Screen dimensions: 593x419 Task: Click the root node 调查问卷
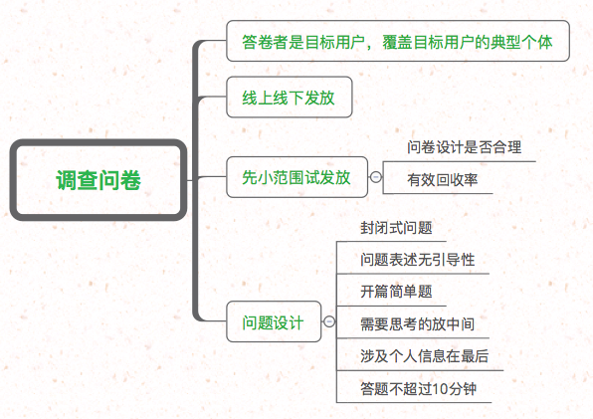coord(99,180)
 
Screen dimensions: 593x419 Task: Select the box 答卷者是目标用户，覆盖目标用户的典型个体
coord(398,41)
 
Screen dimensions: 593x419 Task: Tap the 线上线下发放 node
coord(290,98)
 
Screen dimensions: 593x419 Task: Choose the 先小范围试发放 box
coord(296,177)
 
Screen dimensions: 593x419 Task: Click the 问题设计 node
coord(274,321)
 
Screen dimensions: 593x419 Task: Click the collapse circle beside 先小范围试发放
coord(375,177)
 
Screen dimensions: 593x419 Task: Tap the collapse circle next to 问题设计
coord(329,321)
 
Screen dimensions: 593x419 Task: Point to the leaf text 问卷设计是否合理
coord(464,147)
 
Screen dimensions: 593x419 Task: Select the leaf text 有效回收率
coord(443,179)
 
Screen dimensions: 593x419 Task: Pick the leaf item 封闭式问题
coord(396,228)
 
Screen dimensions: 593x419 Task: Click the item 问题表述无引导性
coord(418,260)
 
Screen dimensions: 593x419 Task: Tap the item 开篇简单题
coord(396,292)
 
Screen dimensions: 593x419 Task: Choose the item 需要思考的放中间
coord(418,324)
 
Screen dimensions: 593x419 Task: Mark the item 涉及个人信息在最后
coord(424,356)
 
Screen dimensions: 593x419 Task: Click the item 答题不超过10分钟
coord(418,389)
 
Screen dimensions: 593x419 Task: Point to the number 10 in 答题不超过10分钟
coord(439,389)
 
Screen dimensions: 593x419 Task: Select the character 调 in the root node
coord(67,180)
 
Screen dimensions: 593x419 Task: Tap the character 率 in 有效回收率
coord(472,179)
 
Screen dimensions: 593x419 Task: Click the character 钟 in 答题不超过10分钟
coord(470,389)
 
